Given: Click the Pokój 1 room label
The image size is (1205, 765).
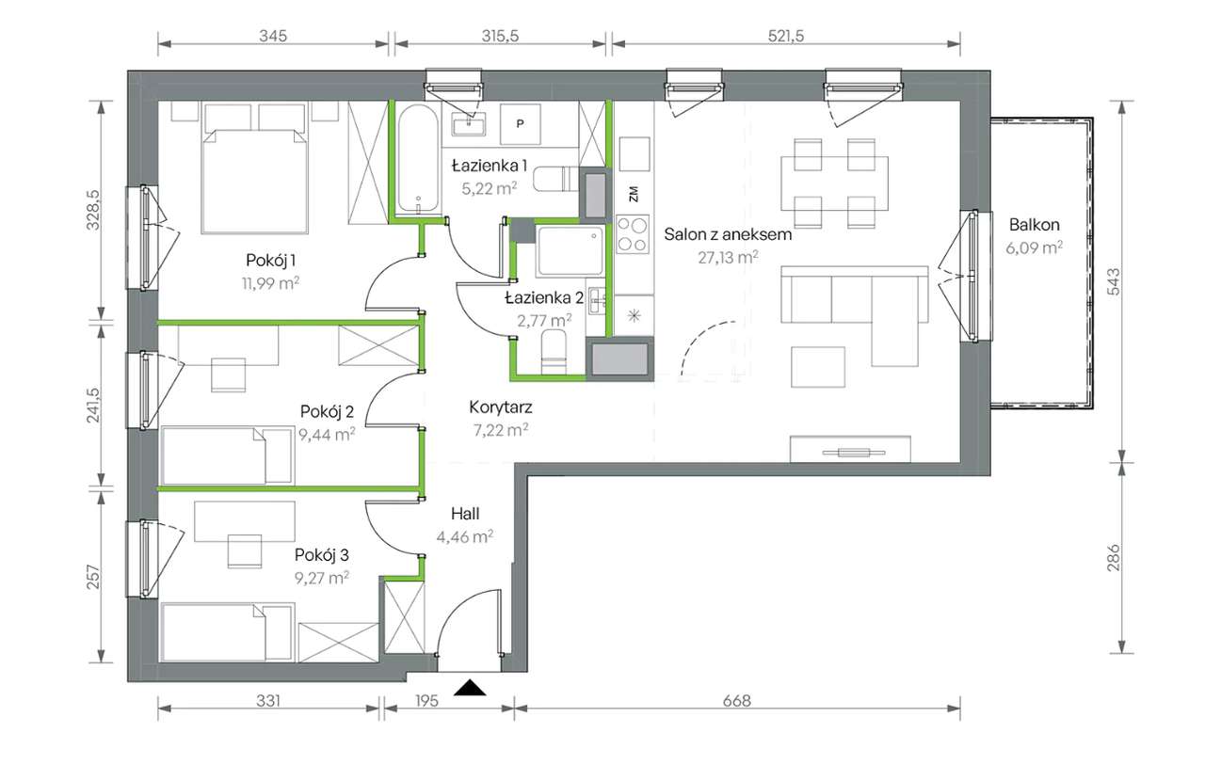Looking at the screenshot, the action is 270,261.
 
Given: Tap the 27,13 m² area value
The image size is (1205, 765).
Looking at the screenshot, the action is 728,258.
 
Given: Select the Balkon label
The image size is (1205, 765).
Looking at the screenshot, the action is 1034,224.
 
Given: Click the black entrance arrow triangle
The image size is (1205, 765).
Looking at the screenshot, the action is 470,688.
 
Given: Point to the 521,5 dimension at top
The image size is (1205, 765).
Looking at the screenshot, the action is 786,36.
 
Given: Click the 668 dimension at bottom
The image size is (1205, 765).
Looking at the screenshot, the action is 736,700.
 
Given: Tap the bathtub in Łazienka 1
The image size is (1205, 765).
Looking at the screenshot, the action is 418,158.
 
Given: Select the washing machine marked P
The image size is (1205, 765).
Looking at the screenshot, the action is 521,124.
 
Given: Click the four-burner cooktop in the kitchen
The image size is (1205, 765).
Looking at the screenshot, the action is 633,234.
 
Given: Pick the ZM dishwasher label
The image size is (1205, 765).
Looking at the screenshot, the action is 634,194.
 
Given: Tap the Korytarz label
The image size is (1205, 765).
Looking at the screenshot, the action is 500,406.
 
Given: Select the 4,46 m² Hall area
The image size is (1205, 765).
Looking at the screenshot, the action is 465,536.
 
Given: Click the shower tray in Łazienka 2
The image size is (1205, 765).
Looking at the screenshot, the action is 570,251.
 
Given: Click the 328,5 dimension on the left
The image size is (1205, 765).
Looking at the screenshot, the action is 93,210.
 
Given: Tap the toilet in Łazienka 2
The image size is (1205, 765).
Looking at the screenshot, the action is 554,352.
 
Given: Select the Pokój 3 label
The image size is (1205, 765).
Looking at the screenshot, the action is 322,554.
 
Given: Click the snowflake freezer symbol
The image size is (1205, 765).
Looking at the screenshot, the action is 635,315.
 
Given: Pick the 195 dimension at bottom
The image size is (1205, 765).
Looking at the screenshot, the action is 426,700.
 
